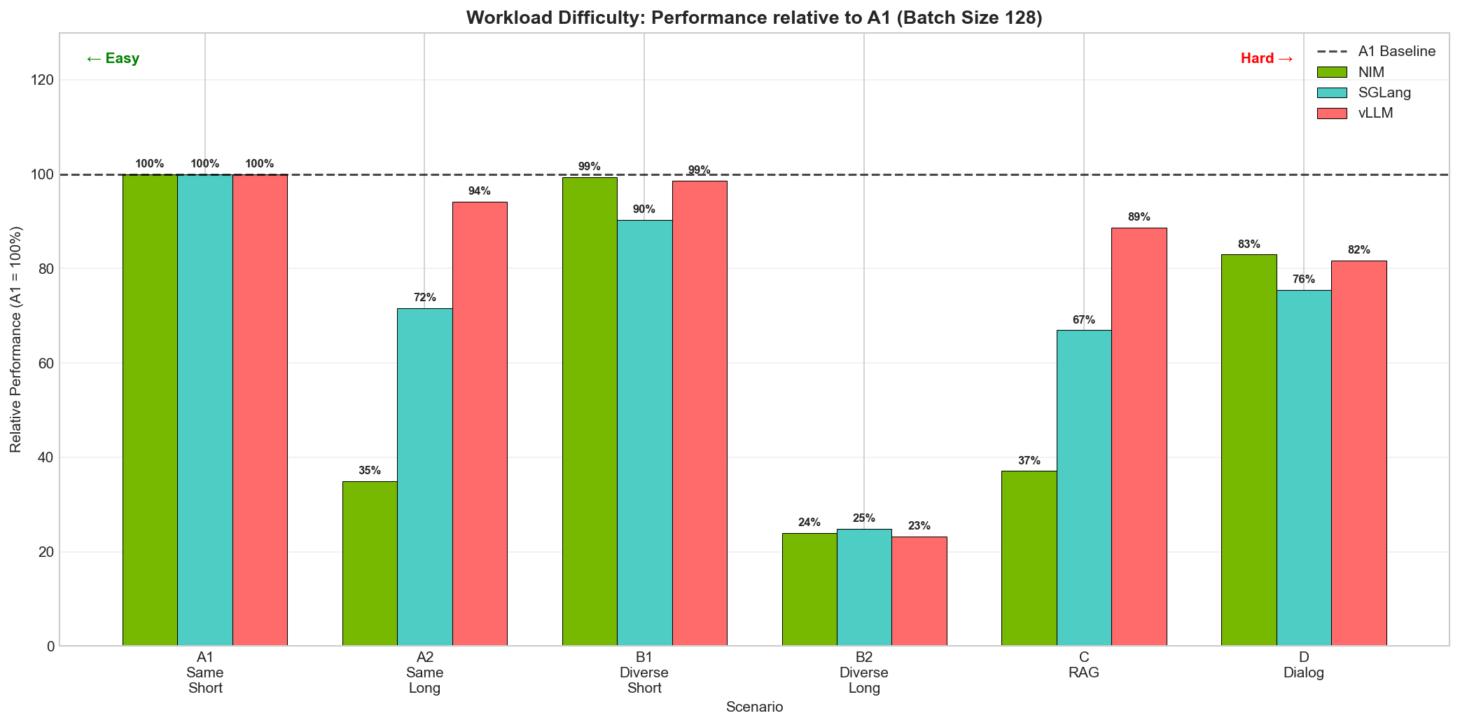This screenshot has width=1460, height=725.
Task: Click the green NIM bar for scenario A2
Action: tap(370, 563)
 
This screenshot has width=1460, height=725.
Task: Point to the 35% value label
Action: tap(370, 471)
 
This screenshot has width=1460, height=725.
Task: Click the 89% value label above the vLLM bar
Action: tap(1139, 217)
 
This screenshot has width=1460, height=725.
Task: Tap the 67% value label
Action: tap(1083, 320)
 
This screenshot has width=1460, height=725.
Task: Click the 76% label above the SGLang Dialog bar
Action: tap(1303, 279)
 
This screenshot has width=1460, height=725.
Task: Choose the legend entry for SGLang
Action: tap(1384, 92)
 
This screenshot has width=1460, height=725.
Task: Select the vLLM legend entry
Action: tap(1375, 113)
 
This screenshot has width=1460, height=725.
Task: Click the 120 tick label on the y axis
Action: tap(43, 81)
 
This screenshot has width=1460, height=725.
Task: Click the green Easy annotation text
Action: tap(113, 59)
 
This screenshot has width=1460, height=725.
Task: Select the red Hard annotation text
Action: tap(1266, 59)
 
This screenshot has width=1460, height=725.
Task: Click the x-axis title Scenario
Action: tap(754, 707)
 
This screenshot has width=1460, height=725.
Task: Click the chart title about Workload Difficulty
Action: tap(754, 18)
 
